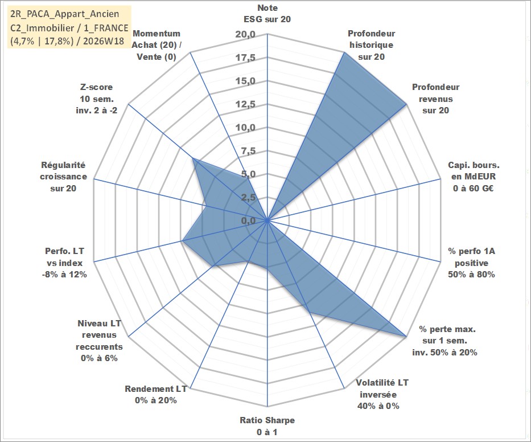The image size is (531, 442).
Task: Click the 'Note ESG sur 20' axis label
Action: (x=267, y=14)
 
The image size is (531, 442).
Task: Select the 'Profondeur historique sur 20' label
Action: (x=371, y=45)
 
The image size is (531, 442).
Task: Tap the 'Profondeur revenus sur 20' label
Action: (x=435, y=99)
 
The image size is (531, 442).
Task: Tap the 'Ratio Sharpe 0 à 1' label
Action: (x=267, y=426)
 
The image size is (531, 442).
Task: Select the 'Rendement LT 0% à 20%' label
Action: (x=156, y=395)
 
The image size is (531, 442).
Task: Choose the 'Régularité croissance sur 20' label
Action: (x=63, y=176)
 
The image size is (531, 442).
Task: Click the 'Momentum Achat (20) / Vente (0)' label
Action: (x=157, y=45)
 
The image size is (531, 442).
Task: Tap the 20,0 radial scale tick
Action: (x=245, y=34)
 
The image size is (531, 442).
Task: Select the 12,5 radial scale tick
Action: (x=245, y=104)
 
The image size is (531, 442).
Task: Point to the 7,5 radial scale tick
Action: (x=248, y=151)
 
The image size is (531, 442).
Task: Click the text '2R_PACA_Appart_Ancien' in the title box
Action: (x=65, y=14)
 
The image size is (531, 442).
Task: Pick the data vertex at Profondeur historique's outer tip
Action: (x=344, y=52)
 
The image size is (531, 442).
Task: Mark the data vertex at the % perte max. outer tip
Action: (x=406, y=336)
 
